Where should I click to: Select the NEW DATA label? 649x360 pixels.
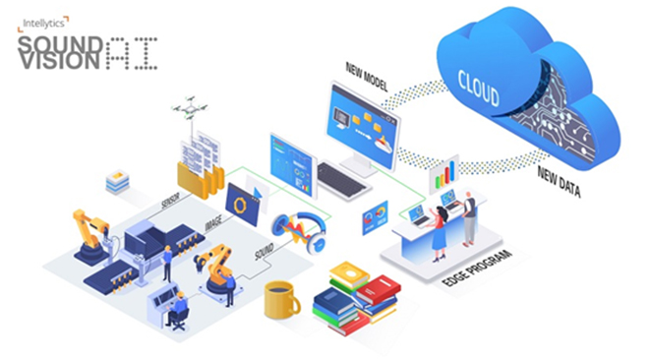coord(558,183)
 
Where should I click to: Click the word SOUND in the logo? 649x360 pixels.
coord(59,42)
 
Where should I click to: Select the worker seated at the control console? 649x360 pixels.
coord(178,309)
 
